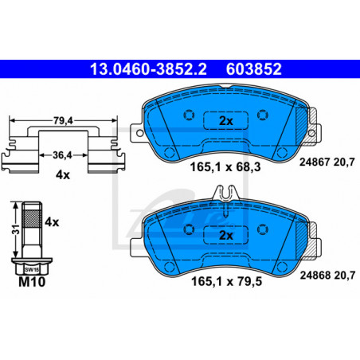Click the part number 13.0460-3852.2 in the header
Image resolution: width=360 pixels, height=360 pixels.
148,69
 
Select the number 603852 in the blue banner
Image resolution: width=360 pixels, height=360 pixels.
253,69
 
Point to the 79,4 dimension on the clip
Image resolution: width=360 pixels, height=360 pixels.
63,120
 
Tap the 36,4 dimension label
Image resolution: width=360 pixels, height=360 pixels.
62,155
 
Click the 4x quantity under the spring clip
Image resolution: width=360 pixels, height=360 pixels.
63,175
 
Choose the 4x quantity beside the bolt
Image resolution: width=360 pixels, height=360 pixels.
52,222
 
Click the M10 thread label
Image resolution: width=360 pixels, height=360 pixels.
32,282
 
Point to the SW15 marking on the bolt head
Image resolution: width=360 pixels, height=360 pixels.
32,270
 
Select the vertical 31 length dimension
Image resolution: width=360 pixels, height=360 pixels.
17,229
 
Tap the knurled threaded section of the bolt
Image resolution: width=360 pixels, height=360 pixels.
32,217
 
